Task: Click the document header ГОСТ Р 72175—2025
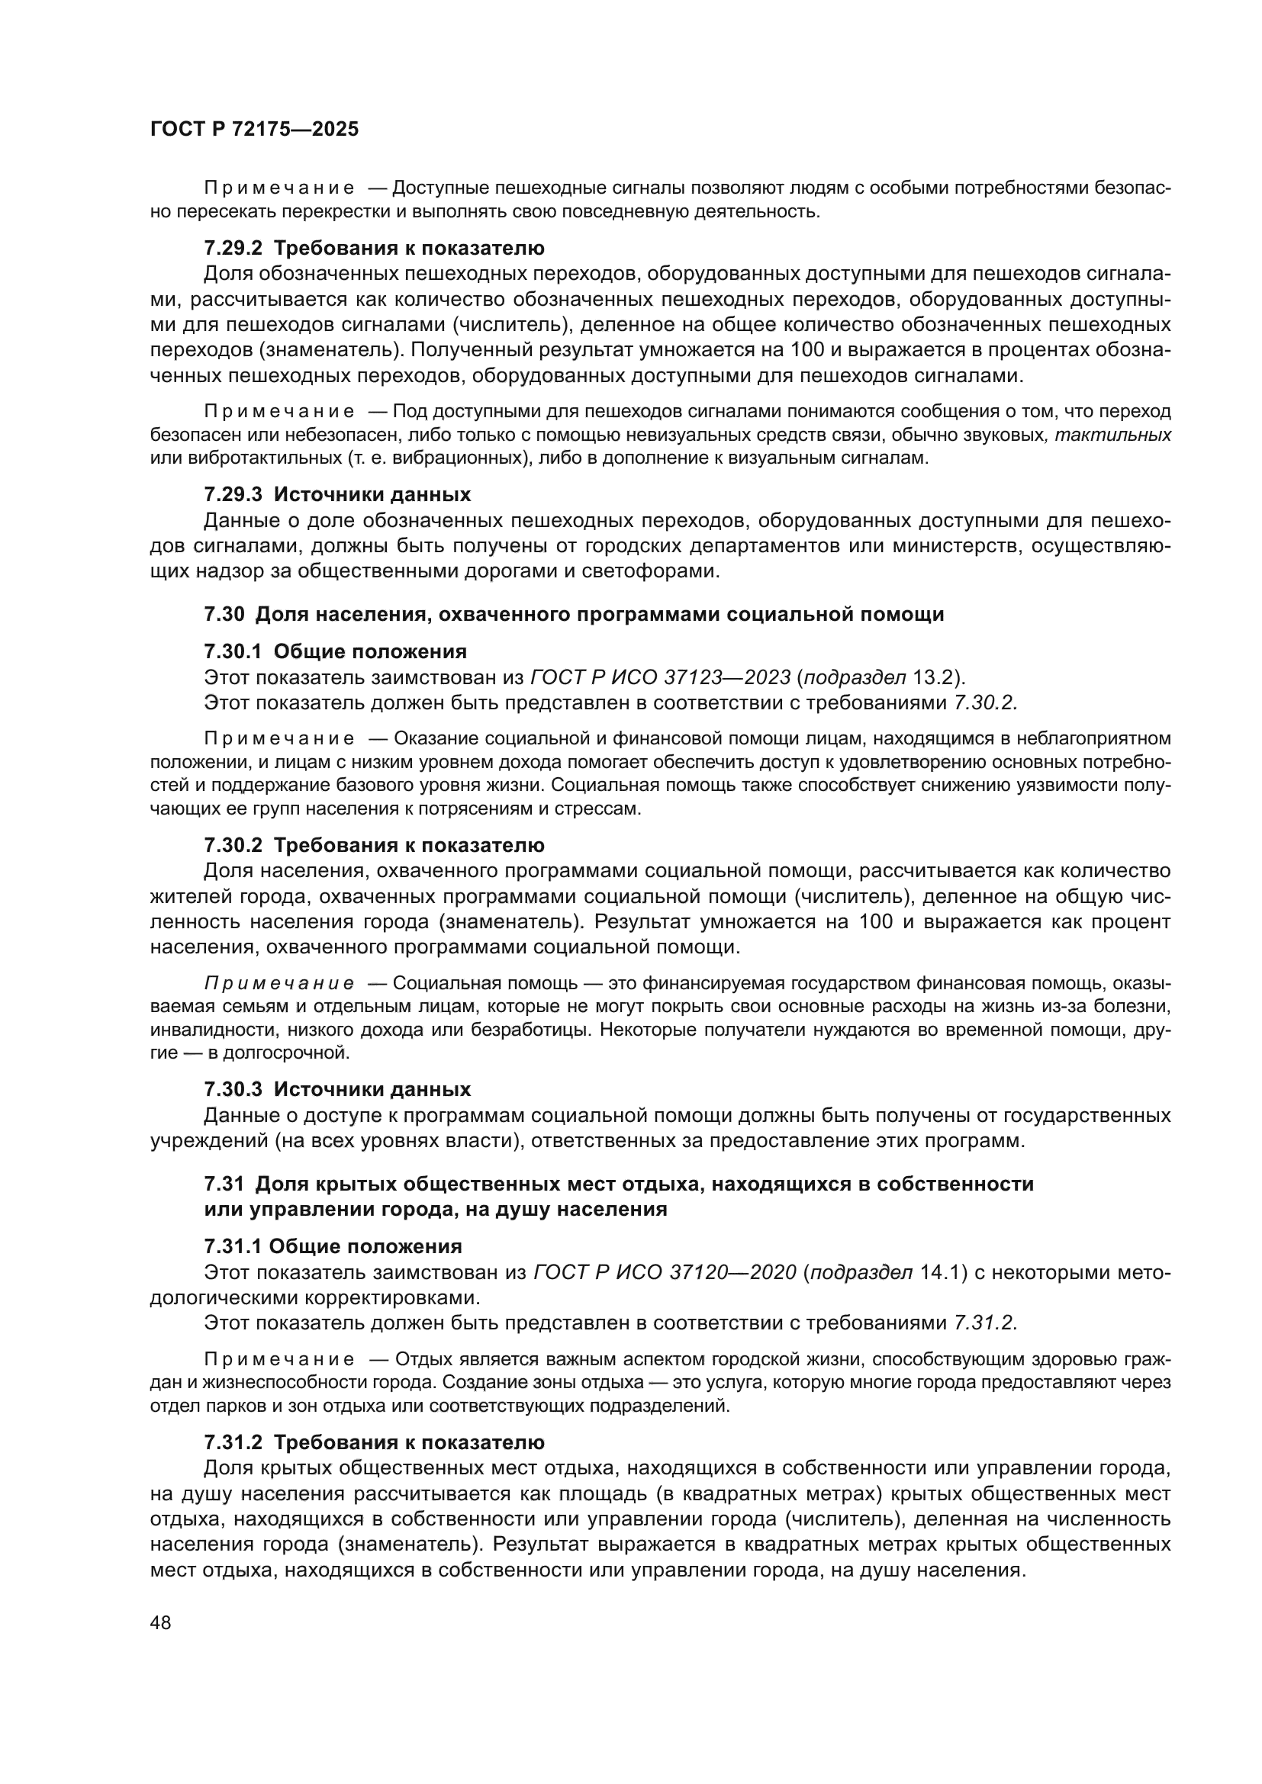254,130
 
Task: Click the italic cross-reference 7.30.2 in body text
984,703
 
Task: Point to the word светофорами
658,572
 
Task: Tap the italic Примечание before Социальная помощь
279,984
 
